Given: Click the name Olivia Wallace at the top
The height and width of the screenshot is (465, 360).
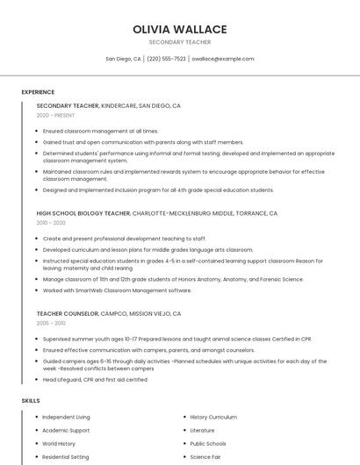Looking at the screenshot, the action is pos(179,29).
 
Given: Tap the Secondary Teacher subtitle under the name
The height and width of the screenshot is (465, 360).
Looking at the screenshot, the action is pos(179,42).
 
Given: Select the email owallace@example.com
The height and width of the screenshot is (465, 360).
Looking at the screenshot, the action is pos(222,59).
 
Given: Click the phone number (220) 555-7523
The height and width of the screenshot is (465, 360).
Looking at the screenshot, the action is pos(166,59).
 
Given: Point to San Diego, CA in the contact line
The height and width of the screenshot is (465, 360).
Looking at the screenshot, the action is pos(123,59).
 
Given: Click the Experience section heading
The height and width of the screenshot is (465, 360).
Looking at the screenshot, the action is pos(38,92).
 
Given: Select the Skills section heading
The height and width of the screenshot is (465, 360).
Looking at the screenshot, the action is pos(31,401).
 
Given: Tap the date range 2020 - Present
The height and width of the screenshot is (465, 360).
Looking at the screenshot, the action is pos(55,115).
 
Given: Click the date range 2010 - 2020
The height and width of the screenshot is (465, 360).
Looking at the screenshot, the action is pos(51,223).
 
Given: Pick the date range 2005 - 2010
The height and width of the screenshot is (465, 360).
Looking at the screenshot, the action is pos(51,323).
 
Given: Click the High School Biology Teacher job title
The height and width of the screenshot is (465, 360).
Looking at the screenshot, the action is pos(83,213).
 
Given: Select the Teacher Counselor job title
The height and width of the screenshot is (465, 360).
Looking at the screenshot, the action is pos(68,313).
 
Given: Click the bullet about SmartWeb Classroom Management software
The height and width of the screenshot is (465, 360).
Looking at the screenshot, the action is pos(117,290).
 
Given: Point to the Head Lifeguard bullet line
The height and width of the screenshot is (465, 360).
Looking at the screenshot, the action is pos(95,380).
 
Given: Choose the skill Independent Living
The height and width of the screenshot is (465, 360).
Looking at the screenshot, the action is pos(66,418).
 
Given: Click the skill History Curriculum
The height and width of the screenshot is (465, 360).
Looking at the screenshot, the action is pos(213,418).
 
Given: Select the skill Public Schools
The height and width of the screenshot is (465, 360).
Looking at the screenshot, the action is pos(208,444).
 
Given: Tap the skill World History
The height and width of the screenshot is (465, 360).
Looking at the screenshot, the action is pos(60,444).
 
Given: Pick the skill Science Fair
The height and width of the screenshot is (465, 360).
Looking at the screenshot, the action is pos(206,457).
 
